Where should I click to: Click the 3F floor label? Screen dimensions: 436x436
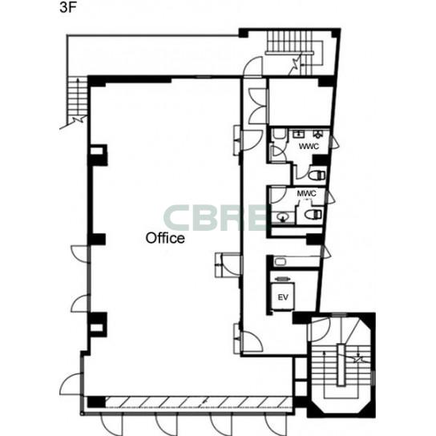pos(68,8)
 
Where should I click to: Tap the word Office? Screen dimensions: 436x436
pos(165,238)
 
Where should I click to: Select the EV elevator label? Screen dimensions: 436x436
pos(283,297)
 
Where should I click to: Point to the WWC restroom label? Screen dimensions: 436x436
pos(309,146)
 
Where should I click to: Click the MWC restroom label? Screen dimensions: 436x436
pos(306,193)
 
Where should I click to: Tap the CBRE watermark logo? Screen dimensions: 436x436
pos(215,217)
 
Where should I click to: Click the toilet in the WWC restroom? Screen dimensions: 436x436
pos(317,176)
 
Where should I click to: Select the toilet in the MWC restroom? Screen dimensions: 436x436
pos(313,214)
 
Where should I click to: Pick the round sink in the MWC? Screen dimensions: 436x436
pos(283,216)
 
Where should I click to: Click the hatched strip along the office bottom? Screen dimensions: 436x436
pos(199,402)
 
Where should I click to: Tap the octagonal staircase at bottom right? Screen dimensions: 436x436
pos(342,365)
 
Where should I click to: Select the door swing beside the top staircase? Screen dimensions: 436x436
pos(253,66)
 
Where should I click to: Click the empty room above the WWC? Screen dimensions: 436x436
pos(301,103)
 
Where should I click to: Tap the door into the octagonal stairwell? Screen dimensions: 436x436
pos(319,329)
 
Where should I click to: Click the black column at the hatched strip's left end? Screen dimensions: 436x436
pos(96,402)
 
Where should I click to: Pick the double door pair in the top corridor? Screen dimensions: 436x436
pos(258,107)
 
